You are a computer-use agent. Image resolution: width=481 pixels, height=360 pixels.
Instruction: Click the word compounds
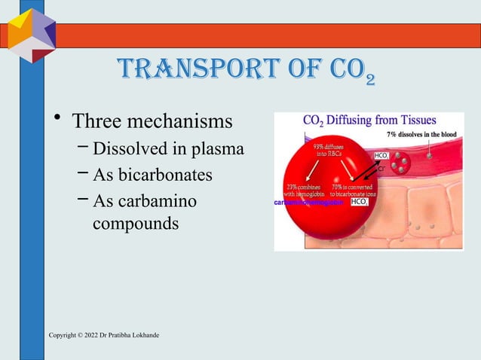point(135,224)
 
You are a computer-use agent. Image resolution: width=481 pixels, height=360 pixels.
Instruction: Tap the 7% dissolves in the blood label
point(423,134)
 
